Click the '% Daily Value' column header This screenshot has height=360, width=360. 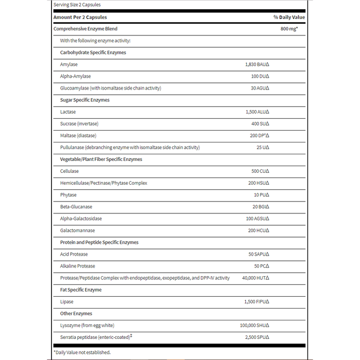tap(289, 17)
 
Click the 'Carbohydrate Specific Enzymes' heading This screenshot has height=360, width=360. tap(93, 52)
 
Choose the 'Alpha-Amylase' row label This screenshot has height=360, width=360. tap(76, 76)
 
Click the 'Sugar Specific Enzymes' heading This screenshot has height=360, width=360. tap(85, 100)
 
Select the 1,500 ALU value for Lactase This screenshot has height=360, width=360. tap(257, 112)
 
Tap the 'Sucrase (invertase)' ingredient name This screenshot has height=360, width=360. tap(79, 123)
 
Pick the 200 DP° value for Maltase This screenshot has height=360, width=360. tap(260, 136)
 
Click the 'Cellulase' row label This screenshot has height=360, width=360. tap(69, 171)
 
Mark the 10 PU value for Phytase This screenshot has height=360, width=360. tap(261, 195)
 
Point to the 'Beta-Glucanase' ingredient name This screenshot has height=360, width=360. tap(77, 207)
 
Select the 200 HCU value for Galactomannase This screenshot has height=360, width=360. tap(259, 230)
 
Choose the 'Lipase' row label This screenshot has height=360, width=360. tap(67, 301)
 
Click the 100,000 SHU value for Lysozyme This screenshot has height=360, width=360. tap(255, 326)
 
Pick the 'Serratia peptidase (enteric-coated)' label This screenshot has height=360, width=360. tap(97, 337)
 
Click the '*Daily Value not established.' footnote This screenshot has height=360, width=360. tap(82, 352)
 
